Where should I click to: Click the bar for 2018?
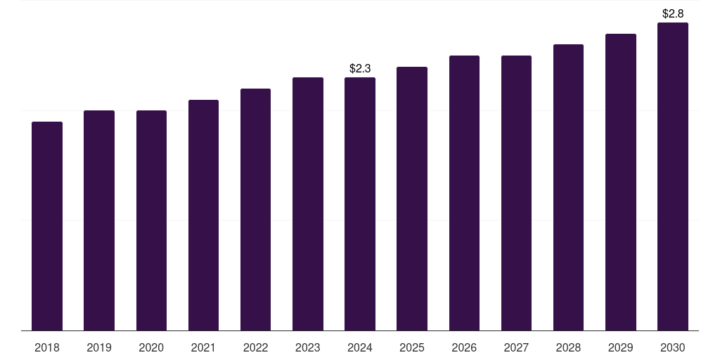coord(47,226)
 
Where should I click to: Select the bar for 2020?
coord(152,220)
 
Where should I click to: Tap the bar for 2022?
coord(255,210)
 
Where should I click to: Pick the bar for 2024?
coord(360,204)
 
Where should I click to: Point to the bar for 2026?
coord(464,193)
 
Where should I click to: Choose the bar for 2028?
coord(568,187)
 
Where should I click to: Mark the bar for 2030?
coord(673,176)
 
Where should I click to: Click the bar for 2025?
coord(412,199)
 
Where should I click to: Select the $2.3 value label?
coord(360,68)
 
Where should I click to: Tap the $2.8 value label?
coord(673,14)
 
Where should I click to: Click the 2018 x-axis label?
coord(47,347)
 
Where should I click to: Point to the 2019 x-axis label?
coord(99,347)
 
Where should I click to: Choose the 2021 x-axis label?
coord(203,347)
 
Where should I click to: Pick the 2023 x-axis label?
coord(308,347)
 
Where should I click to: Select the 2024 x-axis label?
coord(360,347)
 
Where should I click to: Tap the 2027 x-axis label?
coord(516,347)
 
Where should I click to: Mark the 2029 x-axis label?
coord(621,347)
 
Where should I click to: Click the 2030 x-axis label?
coord(673,347)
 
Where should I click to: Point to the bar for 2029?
coord(621,182)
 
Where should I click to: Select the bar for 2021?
coord(203,215)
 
